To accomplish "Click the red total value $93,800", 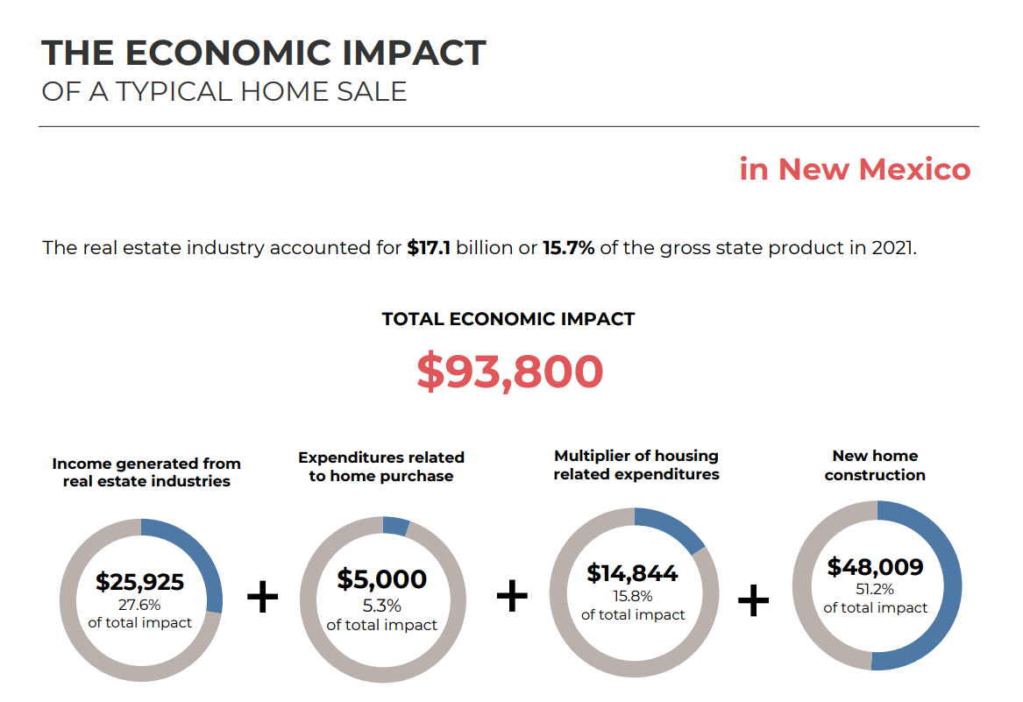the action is pos(510,372).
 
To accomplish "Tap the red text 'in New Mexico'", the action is pos(855,169).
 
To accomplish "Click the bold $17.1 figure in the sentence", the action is pos(429,248).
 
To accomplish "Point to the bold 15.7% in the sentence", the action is pos(568,248).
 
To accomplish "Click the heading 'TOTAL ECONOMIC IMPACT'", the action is pos(508,319).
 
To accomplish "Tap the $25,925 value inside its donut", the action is pos(139,581).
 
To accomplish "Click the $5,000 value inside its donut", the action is pos(381,578).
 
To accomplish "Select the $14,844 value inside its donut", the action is pos(632,573).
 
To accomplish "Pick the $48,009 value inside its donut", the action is pos(875,566).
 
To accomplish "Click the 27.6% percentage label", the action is pos(139,605).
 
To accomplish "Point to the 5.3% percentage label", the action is pos(381,606).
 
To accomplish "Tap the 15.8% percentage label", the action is pos(632,596).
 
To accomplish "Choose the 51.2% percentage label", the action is pos(875,589).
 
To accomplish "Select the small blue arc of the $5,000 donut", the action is pos(395,526).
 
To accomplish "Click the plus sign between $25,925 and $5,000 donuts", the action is pos(262,596).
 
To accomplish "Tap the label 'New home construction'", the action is pos(875,465).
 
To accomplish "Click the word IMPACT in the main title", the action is pos(414,53).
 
